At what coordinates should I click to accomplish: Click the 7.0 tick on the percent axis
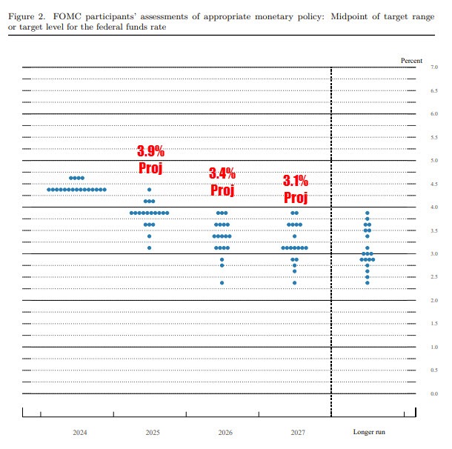pos(434,67)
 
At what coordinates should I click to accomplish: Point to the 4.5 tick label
pos(434,184)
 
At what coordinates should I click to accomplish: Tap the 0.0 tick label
pos(434,393)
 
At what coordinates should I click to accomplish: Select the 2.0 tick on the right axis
pos(434,300)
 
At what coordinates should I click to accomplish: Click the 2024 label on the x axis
pos(79,431)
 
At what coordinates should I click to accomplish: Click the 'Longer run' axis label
pos(368,431)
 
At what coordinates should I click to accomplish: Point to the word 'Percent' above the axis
pos(411,60)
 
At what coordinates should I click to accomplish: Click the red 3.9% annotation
pos(150,151)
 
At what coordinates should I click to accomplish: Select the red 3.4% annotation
pos(222,173)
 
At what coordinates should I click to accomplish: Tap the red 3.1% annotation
pos(295,181)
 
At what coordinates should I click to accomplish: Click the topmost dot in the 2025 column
pos(150,190)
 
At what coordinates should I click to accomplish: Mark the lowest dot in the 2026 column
pos(222,282)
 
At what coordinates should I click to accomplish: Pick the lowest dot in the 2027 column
pos(294,282)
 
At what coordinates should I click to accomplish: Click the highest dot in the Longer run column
pos(368,213)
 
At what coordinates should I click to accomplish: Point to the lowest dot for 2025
pos(150,247)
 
